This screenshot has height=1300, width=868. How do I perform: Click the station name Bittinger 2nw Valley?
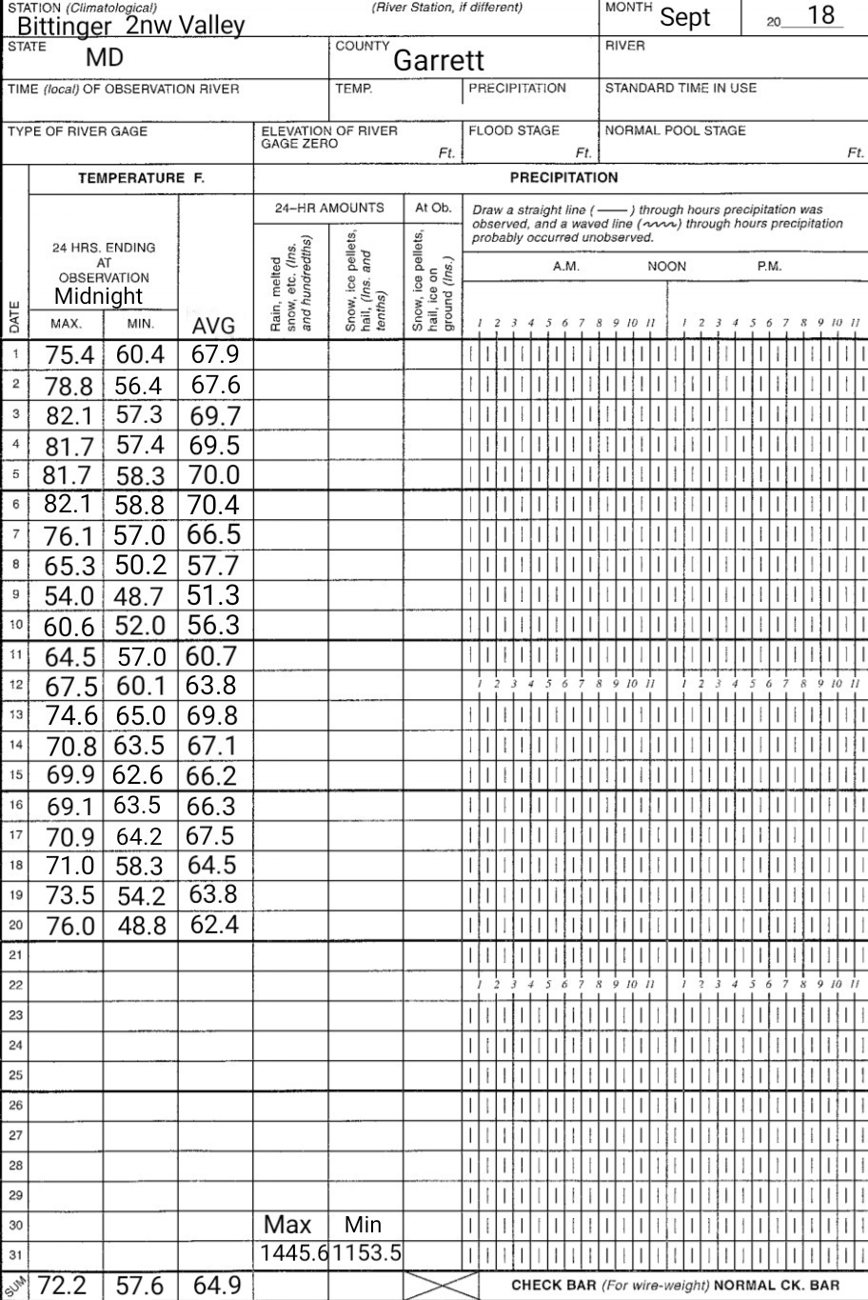pos(130,25)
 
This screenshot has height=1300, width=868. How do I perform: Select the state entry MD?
pos(105,58)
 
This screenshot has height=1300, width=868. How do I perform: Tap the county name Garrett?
pos(439,61)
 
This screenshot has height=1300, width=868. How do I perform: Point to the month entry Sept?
pos(685,17)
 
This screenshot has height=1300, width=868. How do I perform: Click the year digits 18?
pos(819,15)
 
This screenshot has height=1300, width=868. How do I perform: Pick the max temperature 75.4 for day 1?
pos(69,355)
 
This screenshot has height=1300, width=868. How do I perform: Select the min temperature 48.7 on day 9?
pos(140,597)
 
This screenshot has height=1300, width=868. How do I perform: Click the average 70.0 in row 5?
pos(213,474)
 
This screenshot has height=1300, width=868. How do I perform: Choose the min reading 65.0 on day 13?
pos(140,716)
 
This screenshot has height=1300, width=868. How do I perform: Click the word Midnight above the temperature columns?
pos(98,296)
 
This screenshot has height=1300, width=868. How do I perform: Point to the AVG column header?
pos(213,328)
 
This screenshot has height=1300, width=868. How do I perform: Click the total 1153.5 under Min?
pos(366,1254)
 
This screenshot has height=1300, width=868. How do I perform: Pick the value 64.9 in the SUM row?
pos(216,1286)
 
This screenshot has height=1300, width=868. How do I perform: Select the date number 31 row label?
pos(14,1254)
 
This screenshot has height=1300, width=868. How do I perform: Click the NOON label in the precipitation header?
pos(666,267)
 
